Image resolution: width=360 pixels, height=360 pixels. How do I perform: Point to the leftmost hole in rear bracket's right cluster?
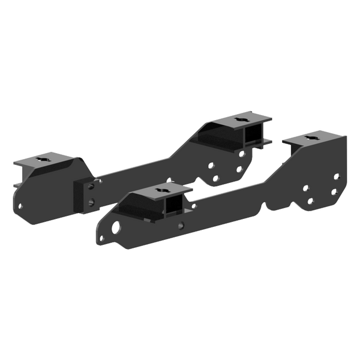(210, 164)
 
